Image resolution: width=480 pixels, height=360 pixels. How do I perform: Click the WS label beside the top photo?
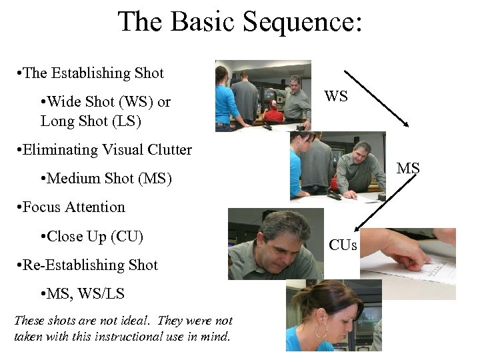tap(336, 97)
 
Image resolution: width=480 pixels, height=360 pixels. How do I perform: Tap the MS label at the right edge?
tap(408, 169)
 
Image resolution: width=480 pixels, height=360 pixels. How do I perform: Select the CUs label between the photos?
tap(343, 246)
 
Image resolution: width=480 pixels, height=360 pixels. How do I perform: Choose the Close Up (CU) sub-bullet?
tap(92, 236)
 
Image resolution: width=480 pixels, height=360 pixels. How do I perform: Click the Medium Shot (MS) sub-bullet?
tap(106, 178)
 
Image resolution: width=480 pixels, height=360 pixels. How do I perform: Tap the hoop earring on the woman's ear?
tap(321, 330)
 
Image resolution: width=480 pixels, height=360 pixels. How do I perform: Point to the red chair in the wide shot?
tap(272, 115)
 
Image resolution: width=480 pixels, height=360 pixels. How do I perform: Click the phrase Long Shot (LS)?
tap(91, 121)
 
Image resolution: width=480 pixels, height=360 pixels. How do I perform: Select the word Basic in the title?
tap(204, 22)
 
